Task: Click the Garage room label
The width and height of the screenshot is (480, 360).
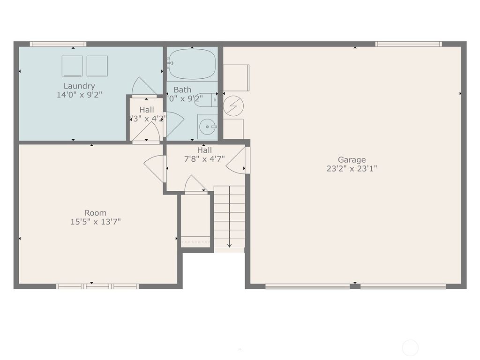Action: coord(352,160)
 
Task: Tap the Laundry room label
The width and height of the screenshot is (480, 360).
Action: coord(79,86)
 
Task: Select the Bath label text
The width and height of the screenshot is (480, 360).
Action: coord(182,90)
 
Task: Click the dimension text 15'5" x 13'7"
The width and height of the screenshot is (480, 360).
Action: coord(96,222)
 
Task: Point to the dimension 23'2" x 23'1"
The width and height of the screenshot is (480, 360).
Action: coord(352,169)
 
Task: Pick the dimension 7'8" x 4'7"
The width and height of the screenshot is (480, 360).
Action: coord(204,159)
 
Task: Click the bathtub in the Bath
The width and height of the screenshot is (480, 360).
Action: coord(192,64)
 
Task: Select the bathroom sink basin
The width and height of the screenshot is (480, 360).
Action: coord(207,127)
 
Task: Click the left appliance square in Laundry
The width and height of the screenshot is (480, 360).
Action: coord(72,66)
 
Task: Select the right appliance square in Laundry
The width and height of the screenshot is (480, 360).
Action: coord(97,66)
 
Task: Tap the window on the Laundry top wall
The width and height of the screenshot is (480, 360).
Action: coord(58,44)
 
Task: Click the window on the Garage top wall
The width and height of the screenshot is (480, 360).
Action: coord(408,44)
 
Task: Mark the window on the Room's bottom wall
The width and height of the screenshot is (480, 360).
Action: coord(97,286)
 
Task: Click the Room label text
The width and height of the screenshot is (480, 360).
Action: coord(96,213)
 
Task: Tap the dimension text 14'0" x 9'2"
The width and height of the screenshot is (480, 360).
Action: coord(79,94)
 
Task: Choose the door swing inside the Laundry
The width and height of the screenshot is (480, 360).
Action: coord(143,87)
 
